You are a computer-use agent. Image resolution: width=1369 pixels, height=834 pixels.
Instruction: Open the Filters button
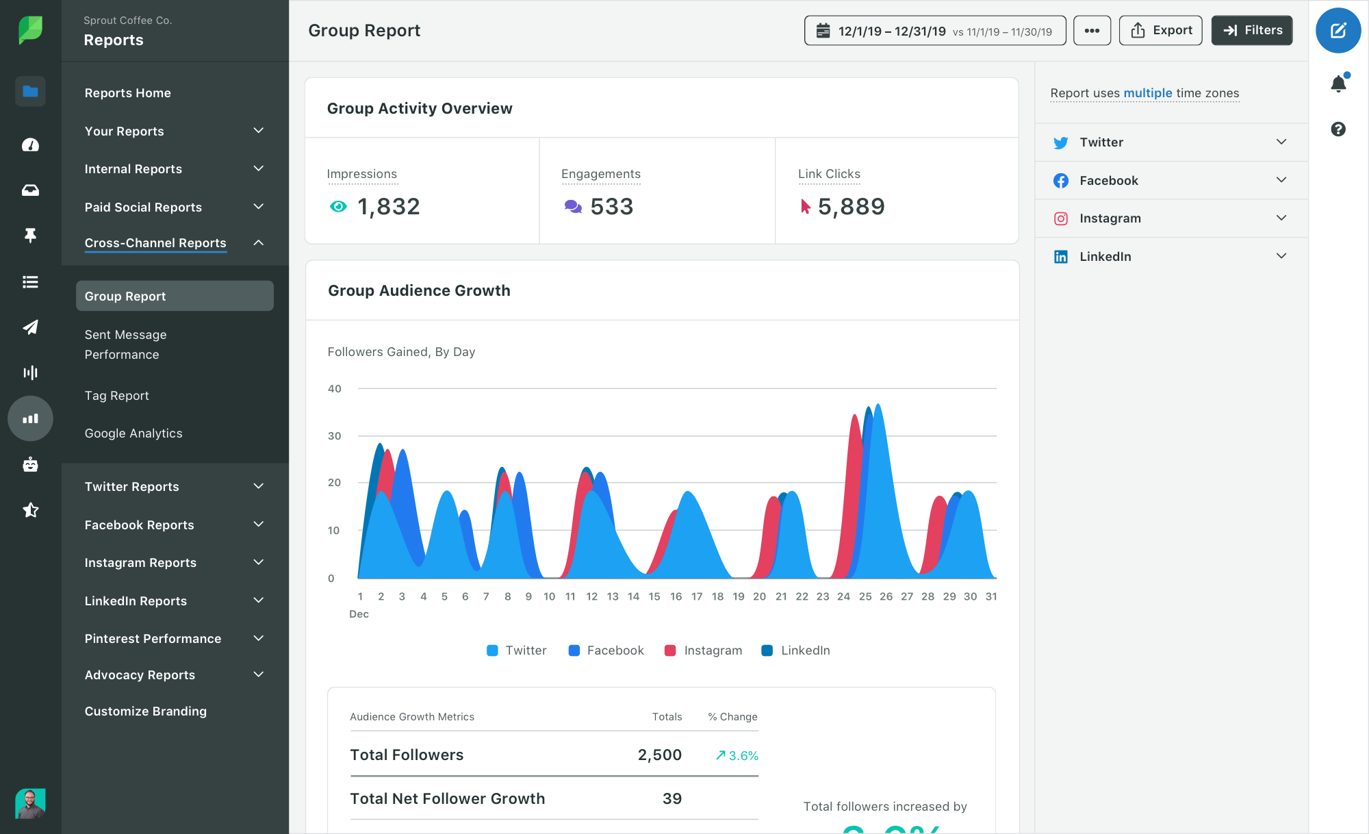pyautogui.click(x=1251, y=30)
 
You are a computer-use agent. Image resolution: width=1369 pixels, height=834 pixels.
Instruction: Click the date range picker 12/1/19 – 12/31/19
pyautogui.click(x=934, y=31)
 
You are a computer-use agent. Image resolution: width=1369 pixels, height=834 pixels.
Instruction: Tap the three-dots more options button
pyautogui.click(x=1092, y=31)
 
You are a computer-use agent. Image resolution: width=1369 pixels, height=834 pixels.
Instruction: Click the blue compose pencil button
pyautogui.click(x=1338, y=31)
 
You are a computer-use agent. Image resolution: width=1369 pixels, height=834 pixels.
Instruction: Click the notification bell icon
pyautogui.click(x=1338, y=84)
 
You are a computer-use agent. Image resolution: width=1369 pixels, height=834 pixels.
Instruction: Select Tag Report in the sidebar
pyautogui.click(x=117, y=396)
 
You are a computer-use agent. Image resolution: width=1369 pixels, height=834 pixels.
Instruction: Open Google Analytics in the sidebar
pyautogui.click(x=133, y=433)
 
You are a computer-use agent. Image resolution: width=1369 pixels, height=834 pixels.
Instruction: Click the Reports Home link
pyautogui.click(x=128, y=93)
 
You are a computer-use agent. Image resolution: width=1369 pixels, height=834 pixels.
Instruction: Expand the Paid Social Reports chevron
pyautogui.click(x=259, y=207)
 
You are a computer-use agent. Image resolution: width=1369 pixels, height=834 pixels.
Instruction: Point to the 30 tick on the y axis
pyautogui.click(x=334, y=436)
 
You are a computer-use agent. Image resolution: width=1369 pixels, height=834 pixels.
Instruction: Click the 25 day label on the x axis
pyautogui.click(x=865, y=596)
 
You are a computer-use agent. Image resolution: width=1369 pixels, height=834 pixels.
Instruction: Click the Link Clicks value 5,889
pyautogui.click(x=851, y=207)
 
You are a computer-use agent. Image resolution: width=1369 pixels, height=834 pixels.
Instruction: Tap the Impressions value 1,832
pyautogui.click(x=388, y=207)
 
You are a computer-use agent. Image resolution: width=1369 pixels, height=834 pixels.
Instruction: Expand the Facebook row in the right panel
pyautogui.click(x=1281, y=180)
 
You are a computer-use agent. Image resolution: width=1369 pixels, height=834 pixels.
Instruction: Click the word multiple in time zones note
pyautogui.click(x=1147, y=93)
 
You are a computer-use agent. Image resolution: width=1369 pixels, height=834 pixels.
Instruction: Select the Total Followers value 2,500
pyautogui.click(x=659, y=755)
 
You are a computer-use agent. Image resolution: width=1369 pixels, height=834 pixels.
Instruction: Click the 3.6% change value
pyautogui.click(x=743, y=756)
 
